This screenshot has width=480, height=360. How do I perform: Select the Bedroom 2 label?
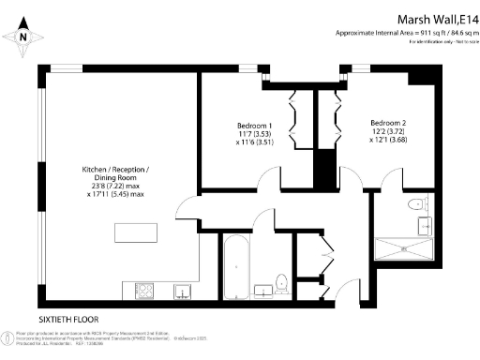point(388,123)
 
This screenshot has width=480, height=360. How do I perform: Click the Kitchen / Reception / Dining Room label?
point(115,172)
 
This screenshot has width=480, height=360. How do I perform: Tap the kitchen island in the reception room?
point(135,232)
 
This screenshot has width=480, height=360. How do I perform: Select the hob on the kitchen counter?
point(146,288)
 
